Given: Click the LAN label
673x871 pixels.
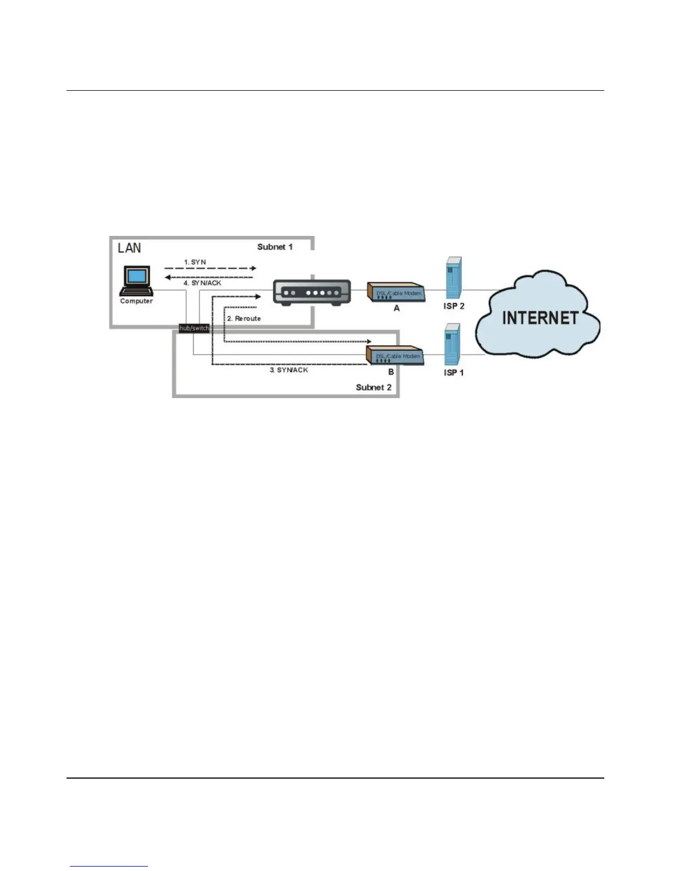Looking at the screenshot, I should pyautogui.click(x=129, y=248).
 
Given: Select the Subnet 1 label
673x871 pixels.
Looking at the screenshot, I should pyautogui.click(x=275, y=247).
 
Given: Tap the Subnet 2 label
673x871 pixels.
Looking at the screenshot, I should pyautogui.click(x=373, y=387).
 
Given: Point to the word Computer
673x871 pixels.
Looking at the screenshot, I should pyautogui.click(x=136, y=301).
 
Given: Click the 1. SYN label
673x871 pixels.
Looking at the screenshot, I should pyautogui.click(x=195, y=262).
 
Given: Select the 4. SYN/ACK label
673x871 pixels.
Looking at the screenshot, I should pyautogui.click(x=202, y=283).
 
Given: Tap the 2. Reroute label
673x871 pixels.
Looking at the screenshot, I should pyautogui.click(x=244, y=318).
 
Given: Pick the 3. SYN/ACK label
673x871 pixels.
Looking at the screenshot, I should pyautogui.click(x=289, y=370).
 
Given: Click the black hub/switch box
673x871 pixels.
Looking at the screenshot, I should pyautogui.click(x=194, y=328).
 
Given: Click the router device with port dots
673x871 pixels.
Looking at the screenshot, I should pyautogui.click(x=312, y=292).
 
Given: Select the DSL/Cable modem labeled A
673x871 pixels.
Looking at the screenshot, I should pyautogui.click(x=396, y=293).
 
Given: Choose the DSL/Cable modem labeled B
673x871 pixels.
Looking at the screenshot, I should pyautogui.click(x=396, y=356).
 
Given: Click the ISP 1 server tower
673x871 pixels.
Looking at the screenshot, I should pyautogui.click(x=452, y=345).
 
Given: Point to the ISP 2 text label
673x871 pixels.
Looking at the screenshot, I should pyautogui.click(x=454, y=306).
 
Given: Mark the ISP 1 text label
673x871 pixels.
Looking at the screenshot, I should pyautogui.click(x=454, y=373).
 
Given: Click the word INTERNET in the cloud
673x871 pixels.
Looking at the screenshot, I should pyautogui.click(x=540, y=318).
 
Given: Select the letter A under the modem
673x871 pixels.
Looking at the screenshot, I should pyautogui.click(x=396, y=308).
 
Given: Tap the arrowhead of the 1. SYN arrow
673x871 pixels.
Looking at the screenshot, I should pyautogui.click(x=253, y=268).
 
